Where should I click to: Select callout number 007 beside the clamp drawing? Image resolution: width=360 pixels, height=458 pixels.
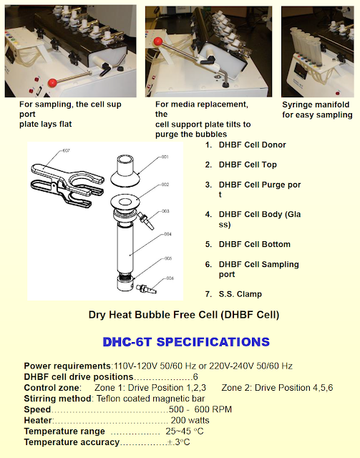[66, 151]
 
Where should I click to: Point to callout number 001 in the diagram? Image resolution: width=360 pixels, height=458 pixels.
[164, 156]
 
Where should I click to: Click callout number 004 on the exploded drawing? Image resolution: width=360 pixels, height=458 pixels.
[166, 233]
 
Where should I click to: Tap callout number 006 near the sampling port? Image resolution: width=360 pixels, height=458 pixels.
[170, 278]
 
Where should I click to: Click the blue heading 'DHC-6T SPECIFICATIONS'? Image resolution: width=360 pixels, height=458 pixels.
[186, 342]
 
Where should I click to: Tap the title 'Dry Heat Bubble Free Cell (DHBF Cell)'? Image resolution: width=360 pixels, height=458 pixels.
[183, 315]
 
